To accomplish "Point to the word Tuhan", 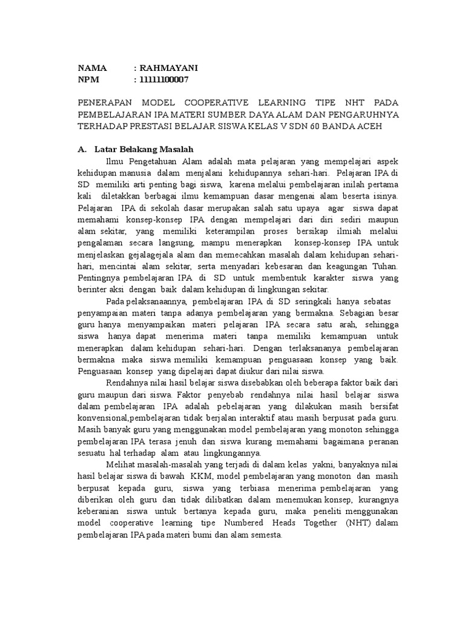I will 384,266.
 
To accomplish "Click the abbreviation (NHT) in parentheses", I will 361,522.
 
